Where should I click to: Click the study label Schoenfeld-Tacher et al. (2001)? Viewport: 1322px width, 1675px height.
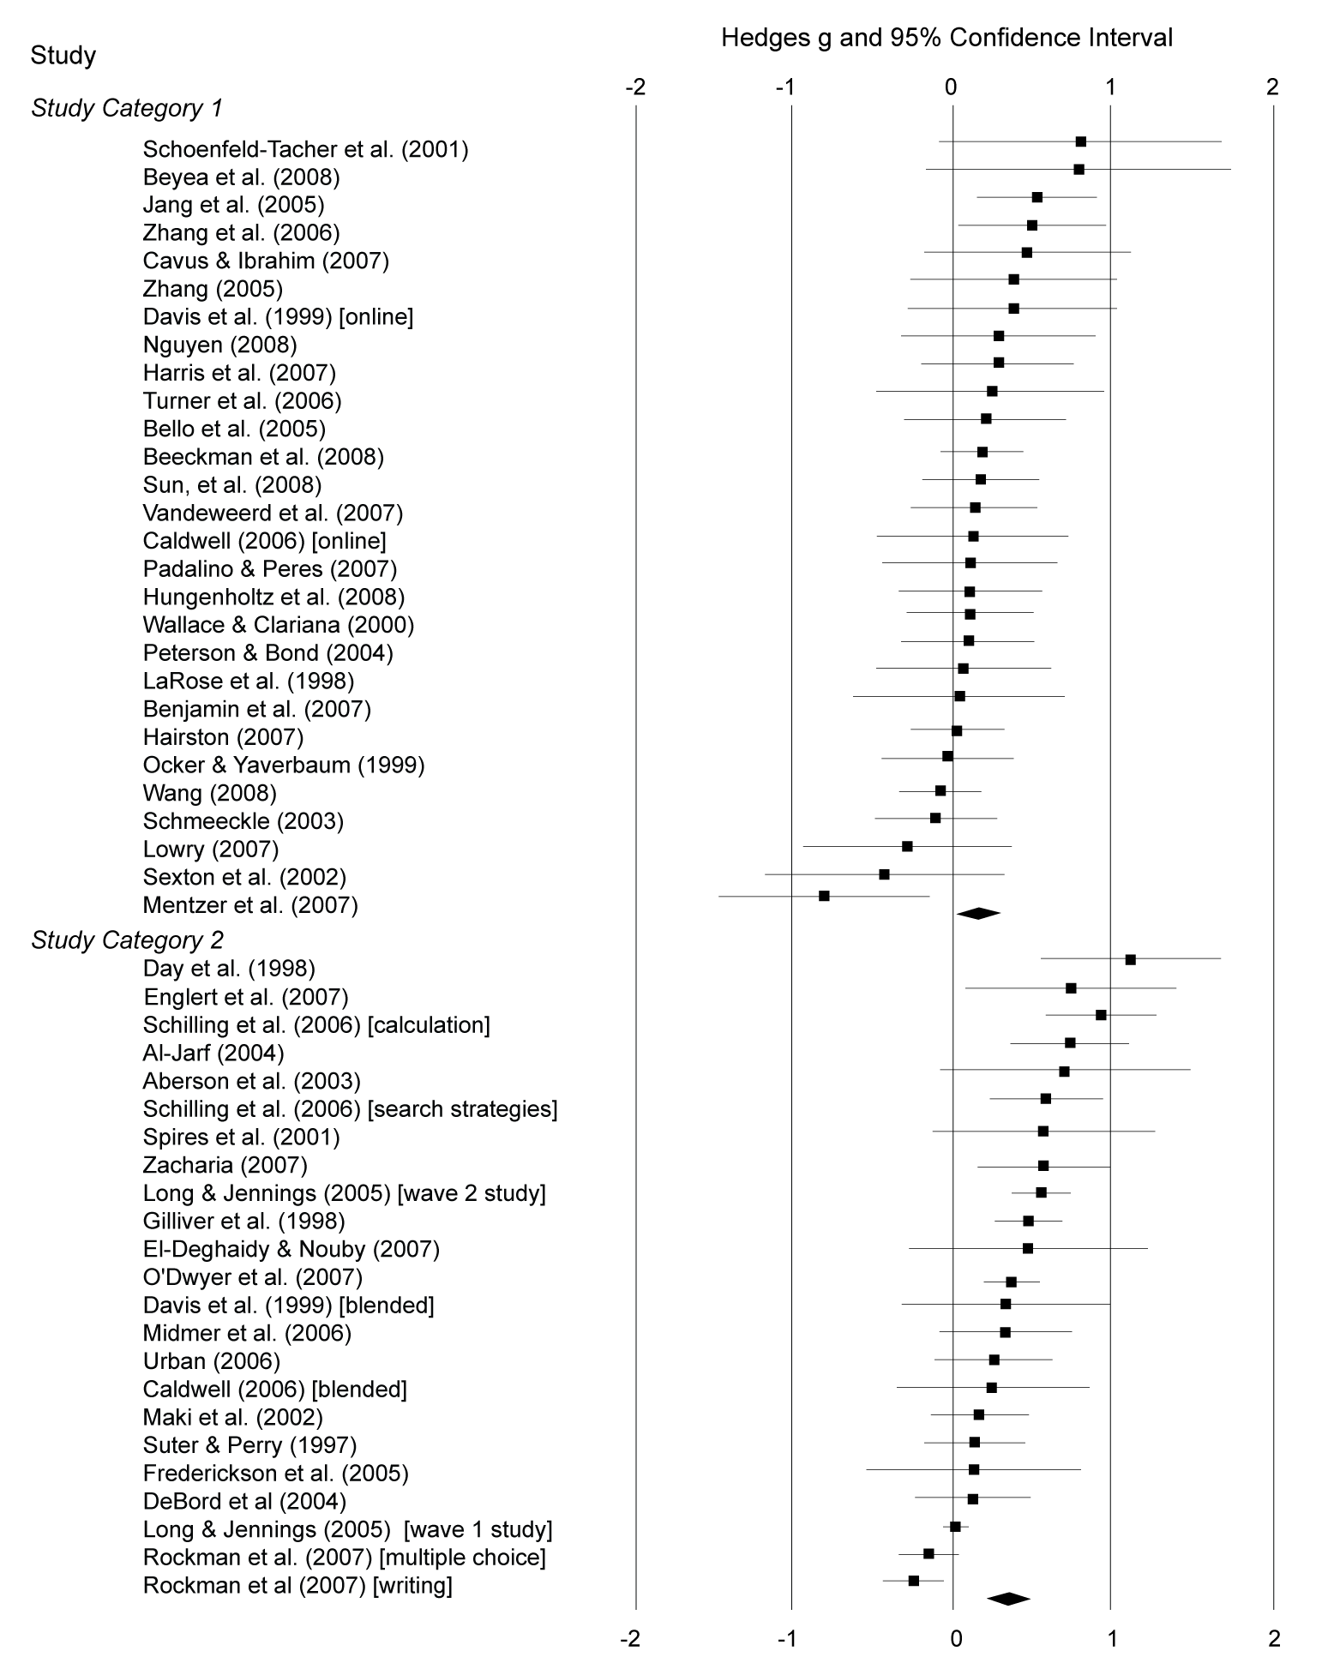[305, 149]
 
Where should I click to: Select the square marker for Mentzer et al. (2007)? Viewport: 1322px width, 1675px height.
[824, 896]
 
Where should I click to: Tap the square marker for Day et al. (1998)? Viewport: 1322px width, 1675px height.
[1130, 959]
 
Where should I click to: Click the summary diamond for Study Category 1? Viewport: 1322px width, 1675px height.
[978, 914]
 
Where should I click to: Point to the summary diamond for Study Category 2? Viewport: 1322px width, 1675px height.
[1008, 1599]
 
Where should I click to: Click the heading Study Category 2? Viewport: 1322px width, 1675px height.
[127, 940]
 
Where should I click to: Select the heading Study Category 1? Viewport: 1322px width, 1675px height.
[127, 108]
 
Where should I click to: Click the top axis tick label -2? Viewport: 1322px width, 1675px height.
[635, 87]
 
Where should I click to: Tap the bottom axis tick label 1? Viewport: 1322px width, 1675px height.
[1111, 1638]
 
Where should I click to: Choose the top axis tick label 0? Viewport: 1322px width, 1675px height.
[951, 87]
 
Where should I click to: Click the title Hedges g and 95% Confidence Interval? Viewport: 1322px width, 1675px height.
[946, 38]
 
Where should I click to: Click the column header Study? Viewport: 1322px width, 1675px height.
[63, 56]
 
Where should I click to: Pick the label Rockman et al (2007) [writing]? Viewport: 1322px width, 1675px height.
[297, 1585]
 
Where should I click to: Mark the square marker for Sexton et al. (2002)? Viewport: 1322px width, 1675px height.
[884, 874]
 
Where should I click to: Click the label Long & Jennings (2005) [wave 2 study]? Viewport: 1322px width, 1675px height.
[344, 1193]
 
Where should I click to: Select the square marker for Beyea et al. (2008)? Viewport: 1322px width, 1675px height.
[1079, 170]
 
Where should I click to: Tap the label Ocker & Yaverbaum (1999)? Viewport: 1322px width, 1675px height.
[284, 765]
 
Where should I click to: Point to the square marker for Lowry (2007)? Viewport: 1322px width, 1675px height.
[907, 846]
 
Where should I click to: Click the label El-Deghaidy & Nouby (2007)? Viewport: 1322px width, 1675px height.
[291, 1249]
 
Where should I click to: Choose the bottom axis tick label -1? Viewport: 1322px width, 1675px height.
[787, 1638]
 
